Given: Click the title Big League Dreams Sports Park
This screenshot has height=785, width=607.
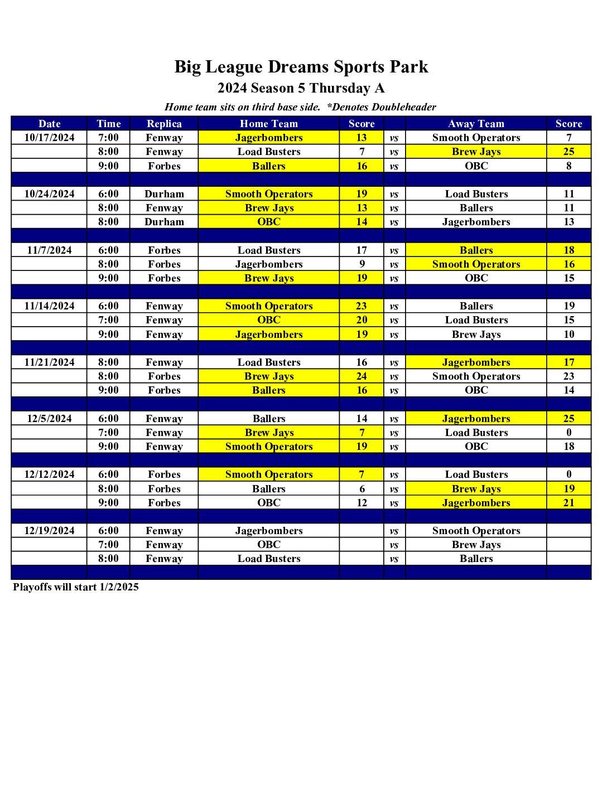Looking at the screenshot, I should click(301, 67).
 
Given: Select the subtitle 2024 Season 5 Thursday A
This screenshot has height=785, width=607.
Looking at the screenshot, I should click(301, 88).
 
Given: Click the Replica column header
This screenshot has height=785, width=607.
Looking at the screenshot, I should click(164, 124).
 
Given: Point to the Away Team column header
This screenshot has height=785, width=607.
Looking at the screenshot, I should click(476, 124).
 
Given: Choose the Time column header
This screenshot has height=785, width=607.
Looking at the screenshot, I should click(108, 124).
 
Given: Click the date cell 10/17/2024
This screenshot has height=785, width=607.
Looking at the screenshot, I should click(49, 138).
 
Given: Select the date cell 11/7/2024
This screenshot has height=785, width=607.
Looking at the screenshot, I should click(49, 250).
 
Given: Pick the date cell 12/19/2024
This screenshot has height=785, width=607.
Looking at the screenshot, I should click(49, 531).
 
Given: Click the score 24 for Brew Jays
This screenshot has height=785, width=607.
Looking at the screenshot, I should click(362, 376).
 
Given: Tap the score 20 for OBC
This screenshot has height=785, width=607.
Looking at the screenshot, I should click(362, 320).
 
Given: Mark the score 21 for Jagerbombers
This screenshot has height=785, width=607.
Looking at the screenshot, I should click(569, 503).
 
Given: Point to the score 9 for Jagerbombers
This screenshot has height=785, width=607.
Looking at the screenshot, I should click(362, 264).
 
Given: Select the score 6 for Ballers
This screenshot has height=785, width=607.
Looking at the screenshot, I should click(362, 489).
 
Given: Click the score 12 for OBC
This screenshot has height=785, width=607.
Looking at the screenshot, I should click(362, 503).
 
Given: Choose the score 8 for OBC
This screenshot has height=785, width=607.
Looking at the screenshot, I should click(569, 166).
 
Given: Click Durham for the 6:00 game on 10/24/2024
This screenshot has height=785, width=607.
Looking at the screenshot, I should click(164, 194).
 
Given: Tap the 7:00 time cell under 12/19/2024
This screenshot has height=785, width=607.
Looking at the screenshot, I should click(108, 545).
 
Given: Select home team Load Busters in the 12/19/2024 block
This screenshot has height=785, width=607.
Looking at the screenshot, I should click(269, 559).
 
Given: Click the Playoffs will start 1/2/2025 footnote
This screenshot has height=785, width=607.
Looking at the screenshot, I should click(76, 587).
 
